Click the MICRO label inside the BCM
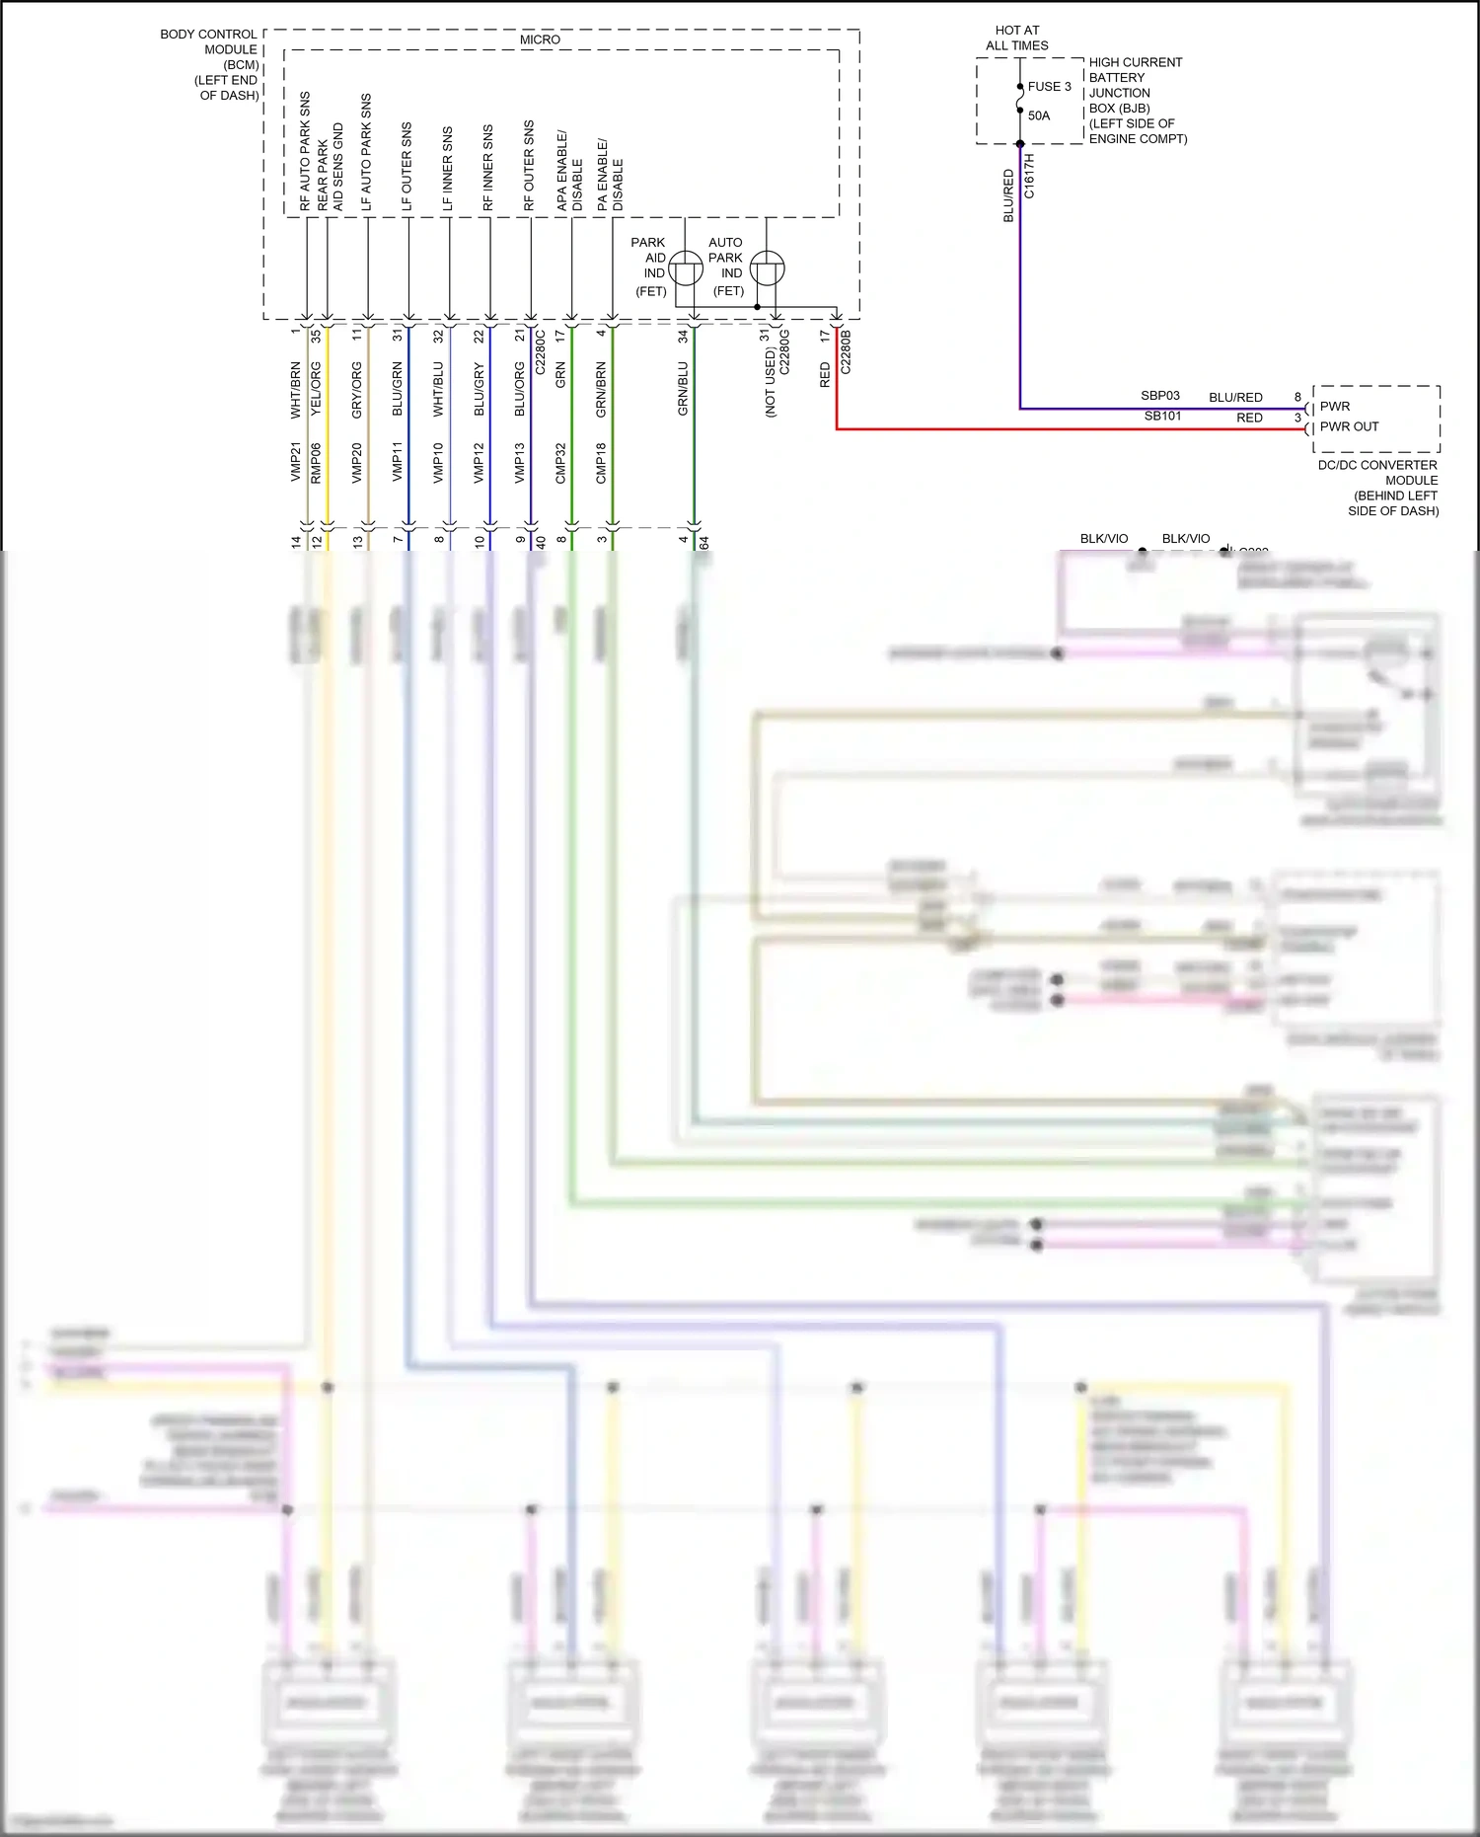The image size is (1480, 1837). click(x=540, y=39)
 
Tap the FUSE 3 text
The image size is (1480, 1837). click(x=1049, y=87)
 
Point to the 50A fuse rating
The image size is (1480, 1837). click(x=1039, y=115)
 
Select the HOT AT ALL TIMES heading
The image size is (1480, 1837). click(x=1017, y=38)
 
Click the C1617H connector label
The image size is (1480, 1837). click(x=1030, y=176)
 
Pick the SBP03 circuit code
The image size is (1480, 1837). click(x=1160, y=396)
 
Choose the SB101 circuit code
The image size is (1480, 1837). click(x=1162, y=416)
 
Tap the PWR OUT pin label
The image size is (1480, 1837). click(x=1349, y=426)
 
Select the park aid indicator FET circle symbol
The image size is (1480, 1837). click(x=686, y=268)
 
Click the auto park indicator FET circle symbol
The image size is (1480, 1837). click(x=767, y=268)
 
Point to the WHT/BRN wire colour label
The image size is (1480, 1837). click(x=296, y=390)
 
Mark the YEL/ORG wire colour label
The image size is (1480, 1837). click(x=317, y=389)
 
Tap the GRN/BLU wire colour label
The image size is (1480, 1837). click(x=683, y=388)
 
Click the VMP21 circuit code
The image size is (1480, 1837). click(x=296, y=462)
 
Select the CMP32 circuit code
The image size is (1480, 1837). click(x=560, y=462)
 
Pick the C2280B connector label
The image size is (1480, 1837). click(x=846, y=351)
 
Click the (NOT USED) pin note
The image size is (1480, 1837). click(x=771, y=382)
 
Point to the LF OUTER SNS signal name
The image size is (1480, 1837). click(x=407, y=167)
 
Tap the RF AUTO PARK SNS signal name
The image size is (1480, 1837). click(x=306, y=151)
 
